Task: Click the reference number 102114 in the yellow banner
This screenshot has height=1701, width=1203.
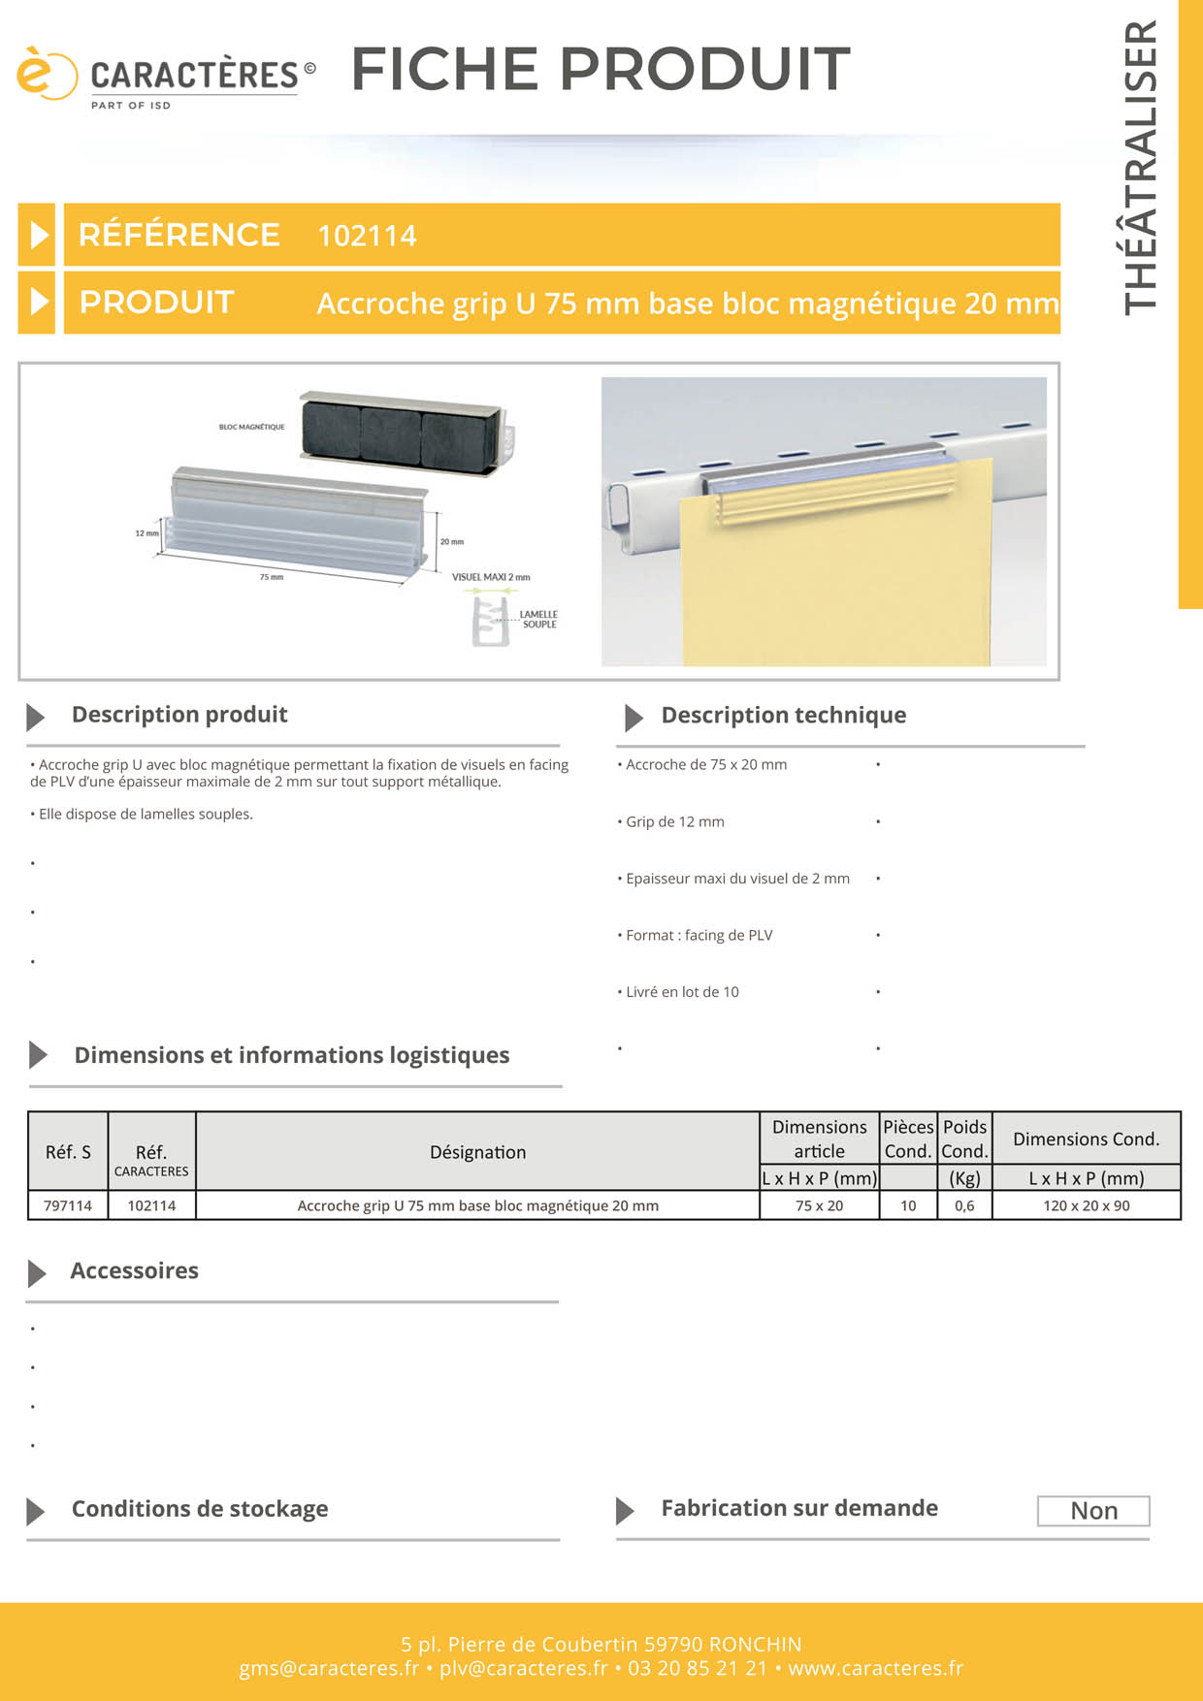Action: (x=367, y=236)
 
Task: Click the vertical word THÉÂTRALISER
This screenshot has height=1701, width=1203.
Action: (x=1141, y=168)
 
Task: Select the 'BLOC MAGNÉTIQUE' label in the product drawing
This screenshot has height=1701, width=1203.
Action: (x=251, y=427)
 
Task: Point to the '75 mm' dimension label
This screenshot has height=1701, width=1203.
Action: (x=272, y=577)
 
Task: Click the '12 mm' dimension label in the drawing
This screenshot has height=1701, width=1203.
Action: (x=146, y=533)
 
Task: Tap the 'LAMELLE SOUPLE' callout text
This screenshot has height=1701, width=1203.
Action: (x=538, y=619)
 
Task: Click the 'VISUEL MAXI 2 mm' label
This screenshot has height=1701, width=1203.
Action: (x=491, y=577)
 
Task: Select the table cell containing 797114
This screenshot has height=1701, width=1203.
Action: (x=68, y=1205)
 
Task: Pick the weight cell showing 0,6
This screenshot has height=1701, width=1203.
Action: (x=964, y=1205)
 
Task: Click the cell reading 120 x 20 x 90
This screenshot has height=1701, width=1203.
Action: (x=1087, y=1205)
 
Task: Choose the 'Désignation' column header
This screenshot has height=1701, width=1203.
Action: (x=477, y=1152)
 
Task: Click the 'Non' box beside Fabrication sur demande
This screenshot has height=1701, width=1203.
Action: (x=1093, y=1511)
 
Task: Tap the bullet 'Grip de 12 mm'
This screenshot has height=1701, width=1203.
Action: (x=675, y=821)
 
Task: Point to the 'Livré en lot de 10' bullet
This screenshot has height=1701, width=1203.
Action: (x=682, y=992)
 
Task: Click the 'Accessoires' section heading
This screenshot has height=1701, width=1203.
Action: (x=134, y=1270)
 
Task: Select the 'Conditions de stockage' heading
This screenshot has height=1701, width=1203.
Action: (x=200, y=1509)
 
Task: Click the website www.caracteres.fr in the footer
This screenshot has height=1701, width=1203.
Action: (x=875, y=1668)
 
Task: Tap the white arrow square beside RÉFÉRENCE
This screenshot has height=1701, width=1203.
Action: (x=37, y=235)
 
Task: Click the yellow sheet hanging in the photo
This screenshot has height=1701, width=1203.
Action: (x=834, y=582)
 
